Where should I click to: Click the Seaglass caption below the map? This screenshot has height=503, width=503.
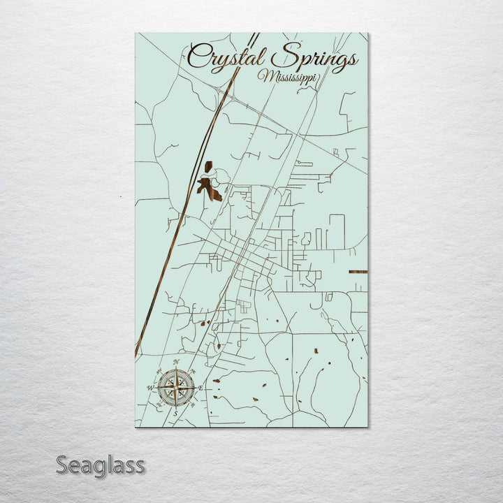click(101, 465)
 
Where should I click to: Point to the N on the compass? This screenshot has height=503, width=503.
click(175, 361)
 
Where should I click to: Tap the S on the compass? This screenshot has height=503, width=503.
click(175, 414)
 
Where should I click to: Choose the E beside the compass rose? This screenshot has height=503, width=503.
click(201, 387)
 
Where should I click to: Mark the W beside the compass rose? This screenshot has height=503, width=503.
click(150, 387)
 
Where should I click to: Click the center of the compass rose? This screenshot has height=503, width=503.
click(175, 387)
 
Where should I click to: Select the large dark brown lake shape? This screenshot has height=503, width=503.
click(209, 187)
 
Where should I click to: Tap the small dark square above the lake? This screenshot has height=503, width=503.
click(208, 167)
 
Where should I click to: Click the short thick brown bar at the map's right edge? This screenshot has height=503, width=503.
click(358, 271)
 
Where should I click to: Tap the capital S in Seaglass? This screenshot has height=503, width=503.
click(64, 465)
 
